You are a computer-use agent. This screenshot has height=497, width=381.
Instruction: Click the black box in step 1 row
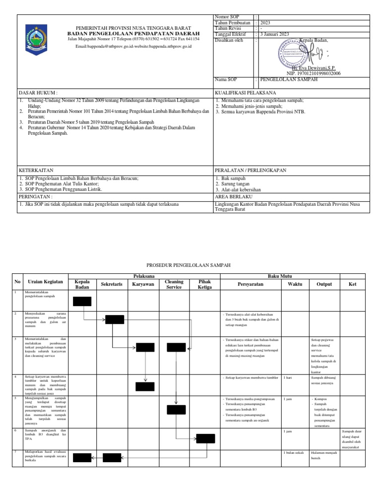tap(82, 301)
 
